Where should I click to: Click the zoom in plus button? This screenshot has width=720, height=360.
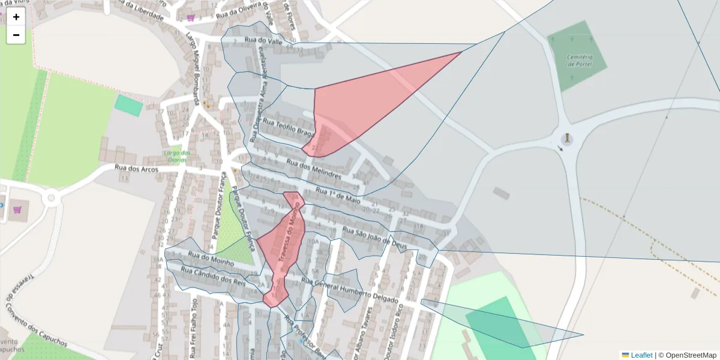coord(16,17)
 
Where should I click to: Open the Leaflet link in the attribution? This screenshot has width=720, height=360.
coord(641,355)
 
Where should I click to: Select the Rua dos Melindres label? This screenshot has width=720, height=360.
coord(314,169)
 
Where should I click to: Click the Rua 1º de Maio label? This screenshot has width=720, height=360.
coord(338,196)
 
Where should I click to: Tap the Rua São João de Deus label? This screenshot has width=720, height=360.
coord(374,238)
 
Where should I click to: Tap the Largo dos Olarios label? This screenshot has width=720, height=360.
coord(176,157)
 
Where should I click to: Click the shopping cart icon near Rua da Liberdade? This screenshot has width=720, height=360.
coord(191,17)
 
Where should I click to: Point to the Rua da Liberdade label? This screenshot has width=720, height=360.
coord(142,10)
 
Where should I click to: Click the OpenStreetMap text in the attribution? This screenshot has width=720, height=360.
coord(691,355)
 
